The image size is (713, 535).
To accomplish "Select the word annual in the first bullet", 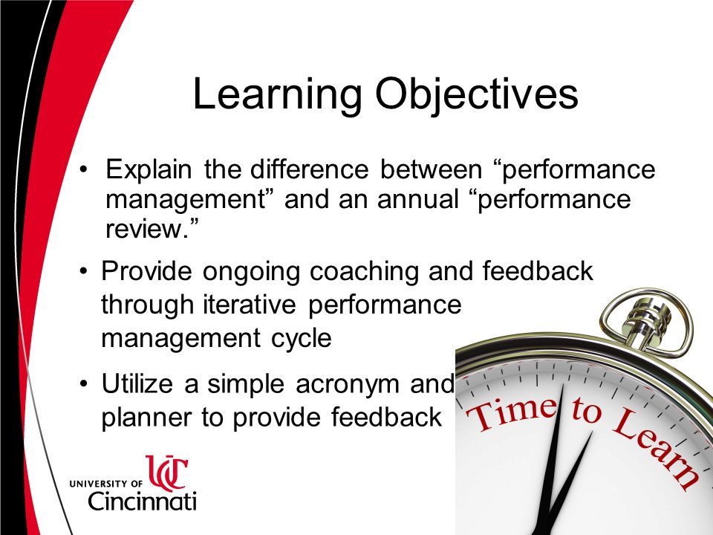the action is [x=417, y=199].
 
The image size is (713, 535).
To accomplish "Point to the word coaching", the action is [x=364, y=273].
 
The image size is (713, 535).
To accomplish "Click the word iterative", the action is [x=250, y=304].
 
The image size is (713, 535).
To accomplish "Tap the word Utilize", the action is [x=137, y=383].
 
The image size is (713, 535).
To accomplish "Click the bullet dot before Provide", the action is [x=82, y=272].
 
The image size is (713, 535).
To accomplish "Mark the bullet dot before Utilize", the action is [x=82, y=384].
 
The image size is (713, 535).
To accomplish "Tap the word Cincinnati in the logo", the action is [x=143, y=501].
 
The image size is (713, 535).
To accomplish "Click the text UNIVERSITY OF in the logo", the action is [x=105, y=484].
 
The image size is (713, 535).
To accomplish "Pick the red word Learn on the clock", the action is [x=656, y=448].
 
